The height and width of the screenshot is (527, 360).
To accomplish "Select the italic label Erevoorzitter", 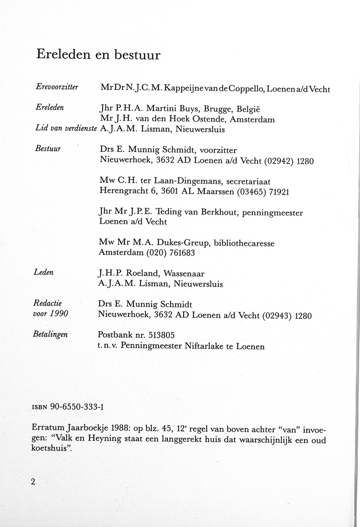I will pyautogui.click(x=56, y=87).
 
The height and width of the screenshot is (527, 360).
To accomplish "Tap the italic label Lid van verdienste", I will pyautogui.click(x=65, y=128).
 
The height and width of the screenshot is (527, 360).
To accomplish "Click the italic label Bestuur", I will pyautogui.click(x=47, y=148).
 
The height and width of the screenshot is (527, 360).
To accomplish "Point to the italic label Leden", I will pyautogui.click(x=44, y=272).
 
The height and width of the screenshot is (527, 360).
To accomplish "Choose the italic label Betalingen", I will pyautogui.click(x=51, y=335).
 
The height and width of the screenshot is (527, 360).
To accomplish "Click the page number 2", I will pyautogui.click(x=33, y=481).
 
